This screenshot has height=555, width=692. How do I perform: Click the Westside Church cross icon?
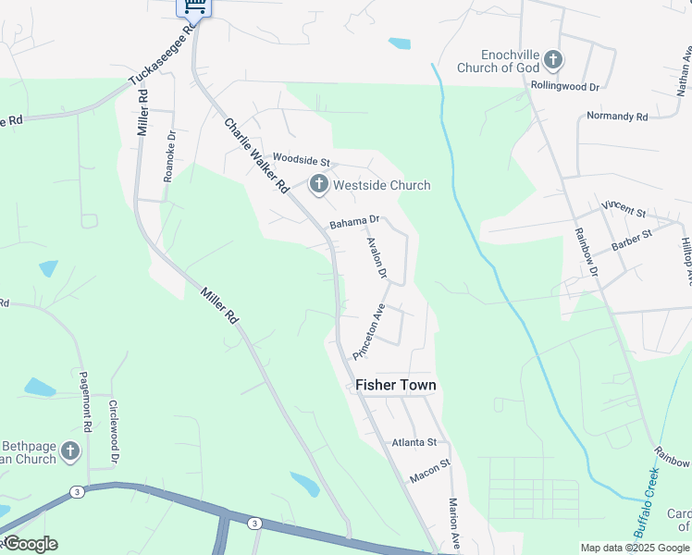point(319,185)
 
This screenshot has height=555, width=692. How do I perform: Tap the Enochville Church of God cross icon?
point(552,61)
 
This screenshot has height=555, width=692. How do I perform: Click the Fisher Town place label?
point(396,385)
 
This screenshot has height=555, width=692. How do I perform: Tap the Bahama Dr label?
point(355,222)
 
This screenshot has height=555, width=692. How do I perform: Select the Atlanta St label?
point(413,442)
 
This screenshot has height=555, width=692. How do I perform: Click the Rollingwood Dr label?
point(566,85)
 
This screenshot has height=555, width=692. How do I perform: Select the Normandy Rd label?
point(617,117)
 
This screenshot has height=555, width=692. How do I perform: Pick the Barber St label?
point(632,240)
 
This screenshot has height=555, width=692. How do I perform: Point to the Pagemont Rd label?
point(84,410)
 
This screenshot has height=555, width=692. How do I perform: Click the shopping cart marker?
point(194,6)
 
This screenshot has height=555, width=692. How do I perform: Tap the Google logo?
point(30,544)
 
